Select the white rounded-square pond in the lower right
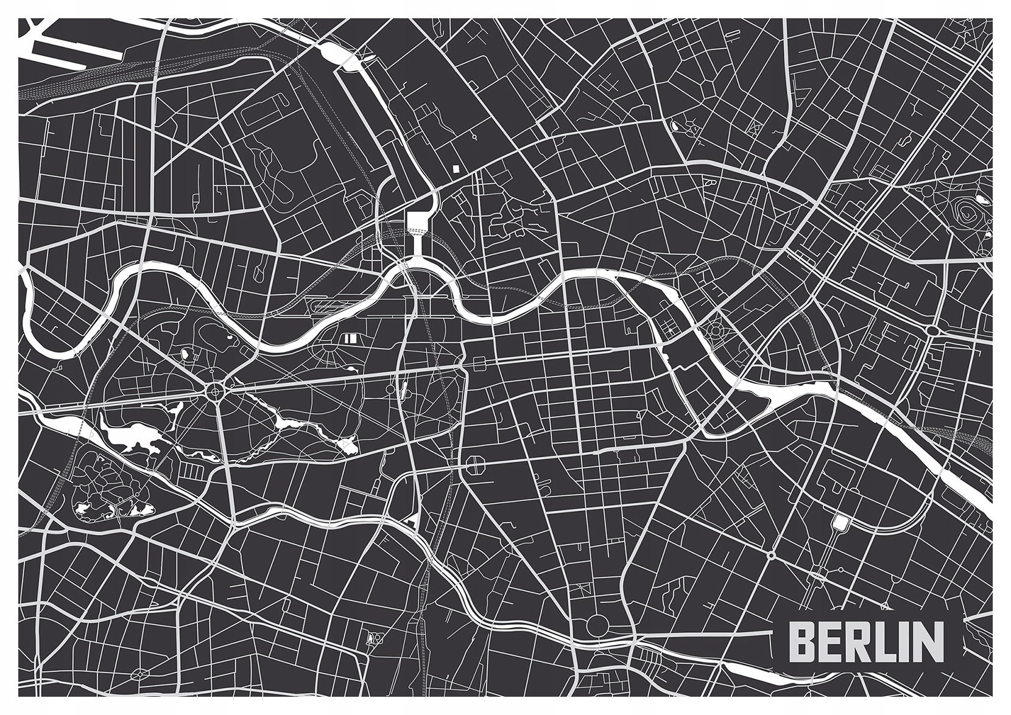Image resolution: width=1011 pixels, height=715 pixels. pos(841,521)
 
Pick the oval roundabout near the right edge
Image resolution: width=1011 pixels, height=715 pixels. pos(932,330)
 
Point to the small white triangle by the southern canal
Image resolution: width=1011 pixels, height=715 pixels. pos(412,518)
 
